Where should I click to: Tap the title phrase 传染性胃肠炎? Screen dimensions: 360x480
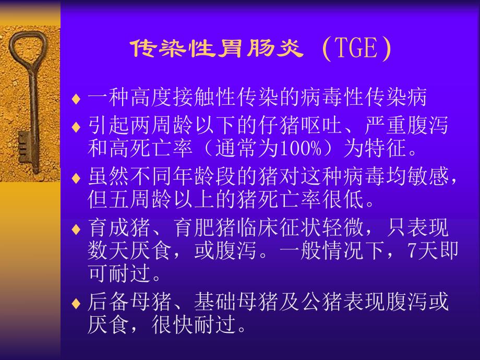(x=216, y=50)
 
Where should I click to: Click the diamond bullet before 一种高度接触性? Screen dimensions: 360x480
(x=76, y=98)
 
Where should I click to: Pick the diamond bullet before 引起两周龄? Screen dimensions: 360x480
(x=76, y=127)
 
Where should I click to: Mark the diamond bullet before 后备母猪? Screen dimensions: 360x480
(x=76, y=303)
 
